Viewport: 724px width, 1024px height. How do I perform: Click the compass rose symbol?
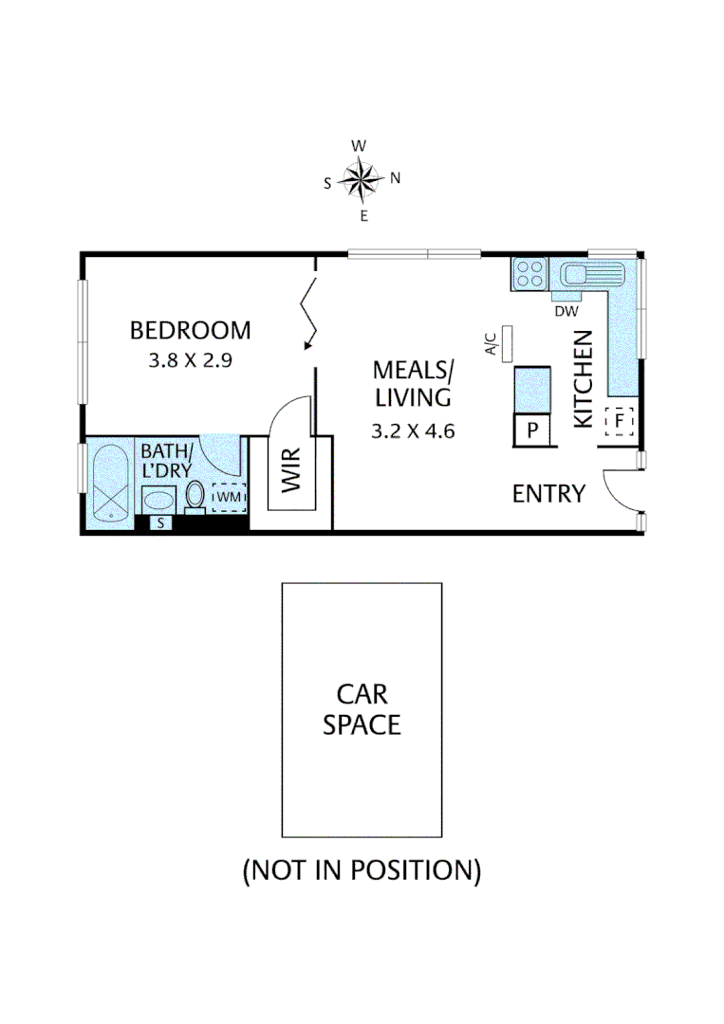tap(362, 180)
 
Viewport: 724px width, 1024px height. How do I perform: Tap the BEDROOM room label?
tap(190, 330)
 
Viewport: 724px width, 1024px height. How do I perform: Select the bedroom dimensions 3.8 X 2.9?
tap(190, 360)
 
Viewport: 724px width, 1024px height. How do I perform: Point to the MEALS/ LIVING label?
tap(413, 382)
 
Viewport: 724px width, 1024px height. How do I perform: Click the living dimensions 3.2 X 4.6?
tap(413, 430)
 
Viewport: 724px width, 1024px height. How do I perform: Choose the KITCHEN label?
tap(583, 378)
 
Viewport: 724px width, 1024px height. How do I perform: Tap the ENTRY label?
tap(548, 493)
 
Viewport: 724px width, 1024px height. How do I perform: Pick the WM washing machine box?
tap(229, 497)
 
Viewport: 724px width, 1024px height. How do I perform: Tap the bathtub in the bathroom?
tap(112, 481)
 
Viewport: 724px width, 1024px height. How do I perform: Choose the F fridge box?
tap(619, 420)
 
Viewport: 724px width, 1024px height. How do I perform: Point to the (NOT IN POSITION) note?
tap(362, 869)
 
